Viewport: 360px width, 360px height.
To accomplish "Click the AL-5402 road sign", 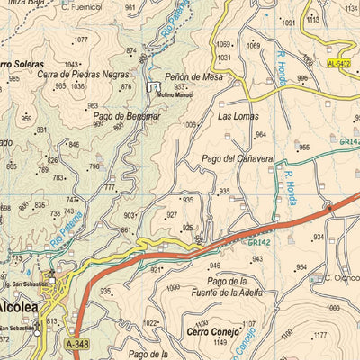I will pos(338,64).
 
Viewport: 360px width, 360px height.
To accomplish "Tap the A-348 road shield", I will pos(77,344).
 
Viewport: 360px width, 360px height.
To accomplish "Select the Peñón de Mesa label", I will pos(193,77).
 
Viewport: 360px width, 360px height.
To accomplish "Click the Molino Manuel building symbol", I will pos(152,86).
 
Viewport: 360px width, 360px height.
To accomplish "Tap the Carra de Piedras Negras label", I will pos(83,75).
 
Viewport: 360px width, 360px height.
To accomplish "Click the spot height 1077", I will pos(81,40).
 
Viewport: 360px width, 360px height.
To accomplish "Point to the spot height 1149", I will pos(220,342).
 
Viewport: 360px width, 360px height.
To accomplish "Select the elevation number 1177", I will pos(320,335).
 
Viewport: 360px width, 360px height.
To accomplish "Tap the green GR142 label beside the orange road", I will pos(259,242).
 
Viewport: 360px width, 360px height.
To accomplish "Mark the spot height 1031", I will pos(224,57).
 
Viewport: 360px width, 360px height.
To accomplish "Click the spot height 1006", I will pos(189,125).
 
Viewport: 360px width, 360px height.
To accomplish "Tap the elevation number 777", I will pos(110,187).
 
